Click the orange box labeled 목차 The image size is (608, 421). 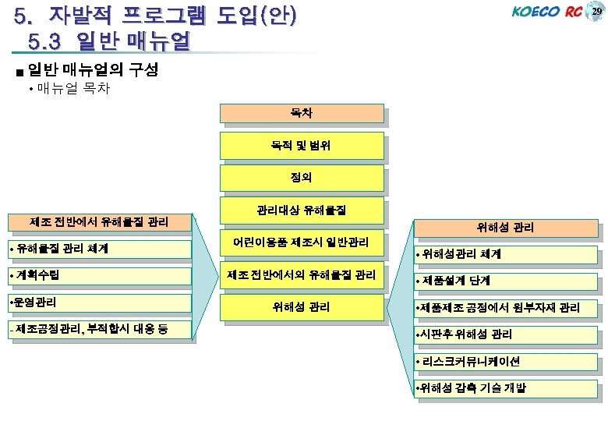click(302, 114)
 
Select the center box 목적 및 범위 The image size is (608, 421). click(302, 146)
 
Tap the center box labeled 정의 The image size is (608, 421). click(302, 178)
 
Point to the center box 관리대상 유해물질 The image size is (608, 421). click(302, 210)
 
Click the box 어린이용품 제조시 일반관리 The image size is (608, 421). click(302, 242)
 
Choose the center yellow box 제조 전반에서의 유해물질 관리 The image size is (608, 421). click(302, 274)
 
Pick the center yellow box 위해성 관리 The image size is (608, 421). click(302, 307)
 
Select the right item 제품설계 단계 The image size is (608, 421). click(507, 280)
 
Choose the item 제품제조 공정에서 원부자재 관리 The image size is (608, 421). click(507, 307)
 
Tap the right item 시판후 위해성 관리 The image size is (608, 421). click(507, 334)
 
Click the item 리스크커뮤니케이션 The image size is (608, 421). click(507, 361)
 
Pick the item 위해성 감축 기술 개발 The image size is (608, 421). click(507, 388)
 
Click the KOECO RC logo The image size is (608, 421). click(546, 12)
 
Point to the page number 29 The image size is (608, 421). click(596, 12)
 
